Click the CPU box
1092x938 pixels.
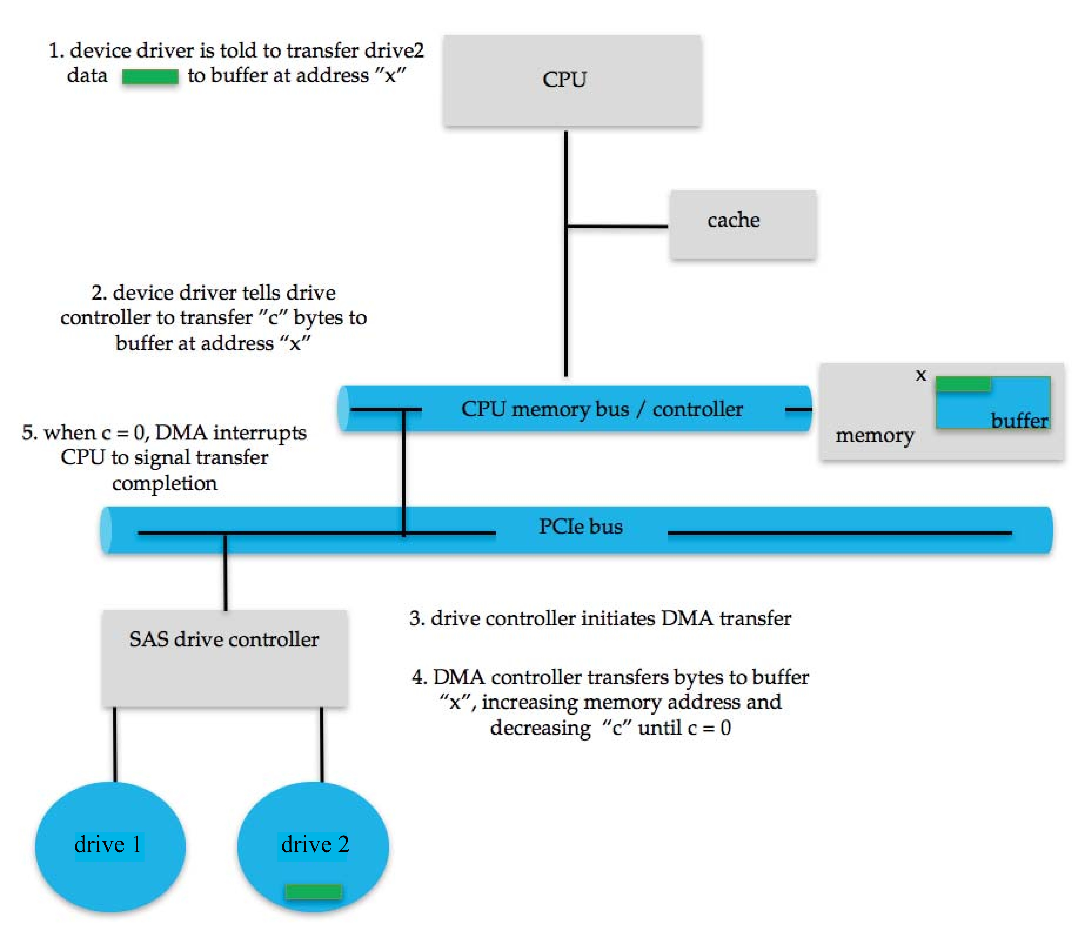(572, 81)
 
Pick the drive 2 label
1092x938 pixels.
(315, 844)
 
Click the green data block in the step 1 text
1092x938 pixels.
(150, 77)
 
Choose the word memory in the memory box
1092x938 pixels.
(874, 435)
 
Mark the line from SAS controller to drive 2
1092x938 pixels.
(321, 744)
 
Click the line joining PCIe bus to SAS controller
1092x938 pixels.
(226, 572)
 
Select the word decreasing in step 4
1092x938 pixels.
(540, 728)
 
